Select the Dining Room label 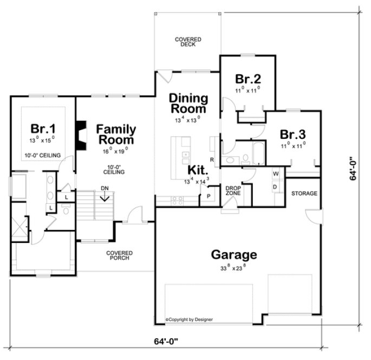[x=188, y=103]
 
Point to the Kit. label [x=197, y=169]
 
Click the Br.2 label [x=246, y=78]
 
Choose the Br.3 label [x=292, y=134]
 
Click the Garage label [x=234, y=254]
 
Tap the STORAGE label [x=304, y=194]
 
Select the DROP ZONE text [x=233, y=190]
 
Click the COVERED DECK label [x=188, y=42]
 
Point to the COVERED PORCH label [x=119, y=256]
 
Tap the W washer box [x=276, y=173]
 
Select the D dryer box [x=276, y=187]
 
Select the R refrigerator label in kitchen [x=212, y=159]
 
